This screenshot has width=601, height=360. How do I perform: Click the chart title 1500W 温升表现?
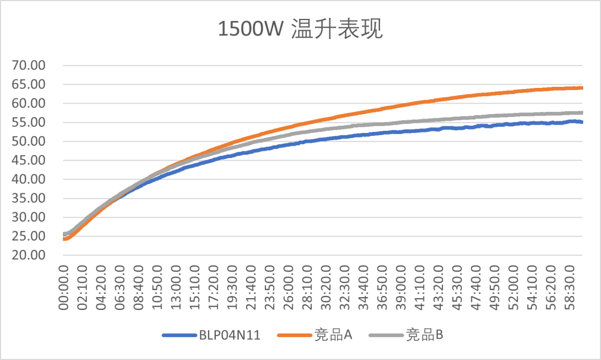pyautogui.click(x=300, y=29)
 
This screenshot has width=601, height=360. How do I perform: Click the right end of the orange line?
pyautogui.click(x=582, y=88)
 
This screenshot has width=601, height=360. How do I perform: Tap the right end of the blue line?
pyautogui.click(x=582, y=122)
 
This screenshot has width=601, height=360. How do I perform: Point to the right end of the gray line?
pyautogui.click(x=582, y=112)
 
